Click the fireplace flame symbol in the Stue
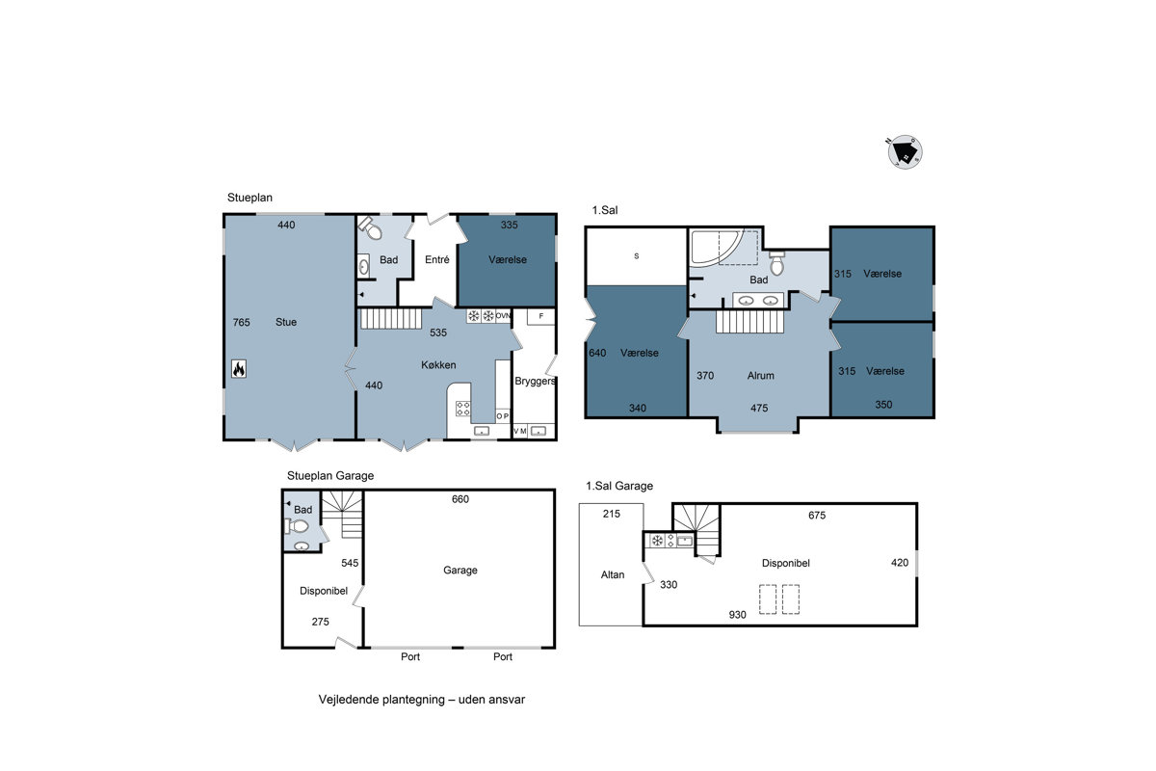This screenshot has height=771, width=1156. click(x=239, y=369)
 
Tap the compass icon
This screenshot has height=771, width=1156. click(x=905, y=152)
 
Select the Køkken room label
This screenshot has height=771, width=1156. click(x=438, y=365)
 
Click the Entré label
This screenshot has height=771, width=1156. click(x=437, y=260)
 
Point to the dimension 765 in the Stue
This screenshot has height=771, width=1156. click(x=241, y=322)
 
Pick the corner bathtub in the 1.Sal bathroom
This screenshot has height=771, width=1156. click(x=717, y=248)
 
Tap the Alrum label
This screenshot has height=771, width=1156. click(x=761, y=376)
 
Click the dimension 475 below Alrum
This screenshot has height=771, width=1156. click(x=759, y=408)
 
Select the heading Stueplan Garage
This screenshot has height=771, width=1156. click(x=330, y=476)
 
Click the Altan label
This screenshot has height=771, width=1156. click(x=613, y=574)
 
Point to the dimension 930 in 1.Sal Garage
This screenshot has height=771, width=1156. click(x=738, y=615)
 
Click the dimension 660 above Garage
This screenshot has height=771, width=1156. click(x=460, y=499)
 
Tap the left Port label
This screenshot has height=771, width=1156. click(x=410, y=657)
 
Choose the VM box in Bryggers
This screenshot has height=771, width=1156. click(x=520, y=431)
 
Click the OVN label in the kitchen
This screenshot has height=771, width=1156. click(x=503, y=315)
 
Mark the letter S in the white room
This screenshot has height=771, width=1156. click(x=637, y=256)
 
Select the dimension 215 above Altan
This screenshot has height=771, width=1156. click(x=612, y=514)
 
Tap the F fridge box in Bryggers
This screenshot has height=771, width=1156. click(x=540, y=316)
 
